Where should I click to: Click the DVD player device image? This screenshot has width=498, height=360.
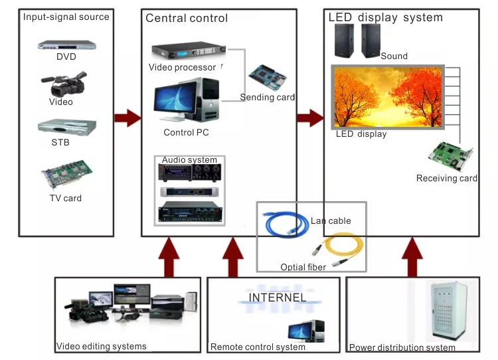pyautogui.click(x=66, y=45)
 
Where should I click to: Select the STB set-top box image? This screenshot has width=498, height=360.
pyautogui.click(x=66, y=128)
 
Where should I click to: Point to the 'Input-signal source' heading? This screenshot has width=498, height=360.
pyautogui.click(x=66, y=17)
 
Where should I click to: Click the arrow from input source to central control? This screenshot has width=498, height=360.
pyautogui.click(x=127, y=118)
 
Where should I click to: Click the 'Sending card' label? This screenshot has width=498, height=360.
pyautogui.click(x=267, y=98)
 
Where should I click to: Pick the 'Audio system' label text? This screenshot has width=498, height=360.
pyautogui.click(x=189, y=160)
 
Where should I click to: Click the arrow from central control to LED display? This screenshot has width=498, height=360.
pyautogui.click(x=309, y=118)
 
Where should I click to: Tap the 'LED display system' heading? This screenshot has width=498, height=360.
pyautogui.click(x=385, y=17)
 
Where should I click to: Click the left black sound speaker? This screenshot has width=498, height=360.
pyautogui.click(x=344, y=41)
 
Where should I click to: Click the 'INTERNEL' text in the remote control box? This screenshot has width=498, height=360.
pyautogui.click(x=278, y=298)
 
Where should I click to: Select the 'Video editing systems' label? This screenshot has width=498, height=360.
pyautogui.click(x=101, y=346)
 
